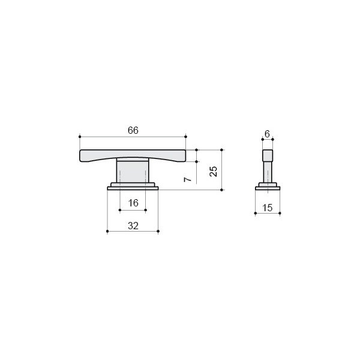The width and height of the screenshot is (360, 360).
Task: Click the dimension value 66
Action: coord(133,130)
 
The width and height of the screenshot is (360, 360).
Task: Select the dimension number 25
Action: coord(214,171)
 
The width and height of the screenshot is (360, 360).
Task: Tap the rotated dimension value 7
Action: coord(188,179)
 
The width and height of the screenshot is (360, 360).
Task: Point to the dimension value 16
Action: coord(133,203)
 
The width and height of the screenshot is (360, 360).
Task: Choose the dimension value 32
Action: coord(133,226)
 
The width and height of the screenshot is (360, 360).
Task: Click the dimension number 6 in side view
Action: coord(267,134)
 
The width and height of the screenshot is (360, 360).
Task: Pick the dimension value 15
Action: coord(267,208)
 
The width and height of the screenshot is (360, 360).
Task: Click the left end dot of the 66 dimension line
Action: coord(80,137)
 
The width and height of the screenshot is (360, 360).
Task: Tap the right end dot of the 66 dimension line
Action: coord(186,137)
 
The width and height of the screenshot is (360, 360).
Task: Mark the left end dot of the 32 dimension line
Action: coord(107,231)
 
